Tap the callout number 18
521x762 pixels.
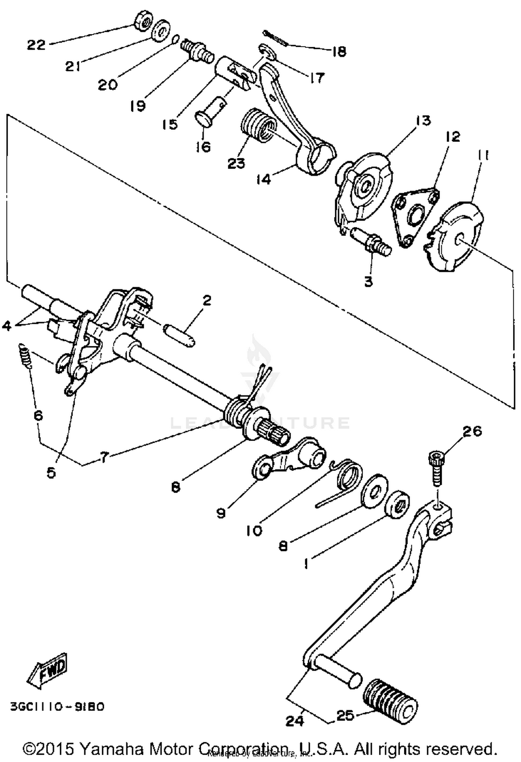click(339, 51)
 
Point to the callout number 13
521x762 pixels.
click(422, 120)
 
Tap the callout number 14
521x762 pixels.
click(264, 180)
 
